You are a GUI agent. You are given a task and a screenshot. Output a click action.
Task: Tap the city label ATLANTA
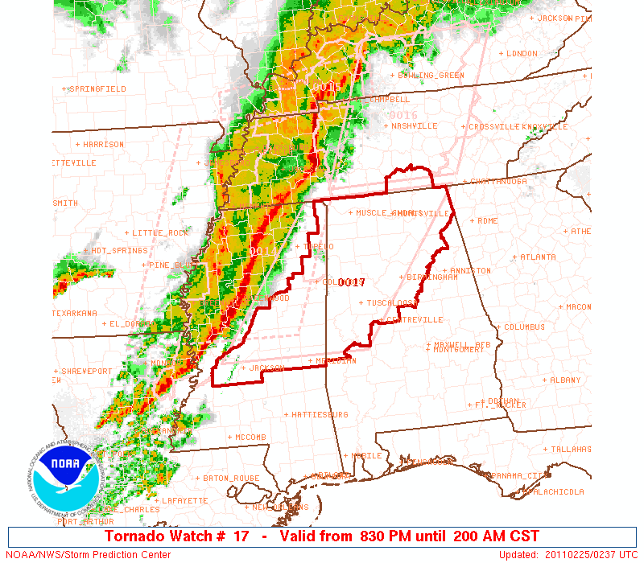tap(538, 257)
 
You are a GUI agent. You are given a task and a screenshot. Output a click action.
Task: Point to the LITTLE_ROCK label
tap(161, 233)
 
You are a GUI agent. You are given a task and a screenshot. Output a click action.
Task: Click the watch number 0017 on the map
tap(352, 282)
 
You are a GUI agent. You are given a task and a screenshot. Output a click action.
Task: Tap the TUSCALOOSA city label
tap(391, 303)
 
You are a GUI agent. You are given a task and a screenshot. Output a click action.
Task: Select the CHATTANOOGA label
tap(499, 182)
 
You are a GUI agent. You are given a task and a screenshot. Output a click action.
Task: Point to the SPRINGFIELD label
tap(98, 89)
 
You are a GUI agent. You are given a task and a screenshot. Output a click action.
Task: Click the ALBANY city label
tap(565, 380)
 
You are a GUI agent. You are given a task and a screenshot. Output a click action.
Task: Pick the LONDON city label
tap(521, 54)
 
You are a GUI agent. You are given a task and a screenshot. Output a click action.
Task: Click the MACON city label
tap(578, 307)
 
